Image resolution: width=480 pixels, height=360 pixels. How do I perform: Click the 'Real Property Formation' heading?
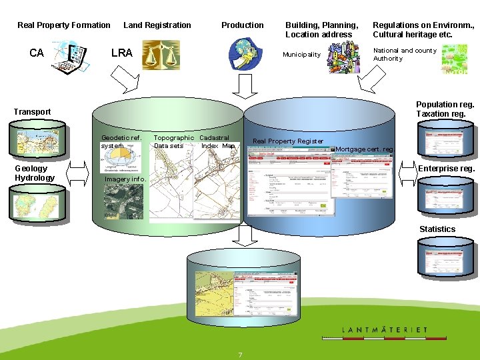click(x=64, y=25)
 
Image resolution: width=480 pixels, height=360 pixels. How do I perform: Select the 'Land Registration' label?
click(x=157, y=25)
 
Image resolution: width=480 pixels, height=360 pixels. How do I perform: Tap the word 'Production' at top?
click(x=243, y=25)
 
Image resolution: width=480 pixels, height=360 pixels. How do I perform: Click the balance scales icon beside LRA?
click(x=161, y=55)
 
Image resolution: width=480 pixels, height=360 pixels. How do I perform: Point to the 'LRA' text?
click(x=122, y=53)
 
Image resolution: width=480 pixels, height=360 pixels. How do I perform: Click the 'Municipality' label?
click(x=301, y=55)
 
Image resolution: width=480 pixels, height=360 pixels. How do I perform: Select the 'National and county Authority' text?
click(x=405, y=54)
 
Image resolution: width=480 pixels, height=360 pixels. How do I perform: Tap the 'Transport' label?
click(x=32, y=111)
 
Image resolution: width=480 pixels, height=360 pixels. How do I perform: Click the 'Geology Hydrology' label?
click(x=35, y=173)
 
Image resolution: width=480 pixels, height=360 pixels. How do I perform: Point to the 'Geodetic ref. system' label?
click(x=121, y=142)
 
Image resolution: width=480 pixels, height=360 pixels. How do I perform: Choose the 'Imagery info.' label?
click(x=125, y=179)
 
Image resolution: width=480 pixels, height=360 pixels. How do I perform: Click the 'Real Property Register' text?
click(x=288, y=141)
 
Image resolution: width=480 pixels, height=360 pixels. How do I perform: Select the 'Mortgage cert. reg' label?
click(x=365, y=149)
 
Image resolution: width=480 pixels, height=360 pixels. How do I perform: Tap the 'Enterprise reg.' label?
click(x=446, y=169)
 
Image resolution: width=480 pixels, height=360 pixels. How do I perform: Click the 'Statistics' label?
click(x=437, y=229)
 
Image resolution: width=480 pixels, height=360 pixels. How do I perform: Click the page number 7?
click(x=240, y=354)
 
